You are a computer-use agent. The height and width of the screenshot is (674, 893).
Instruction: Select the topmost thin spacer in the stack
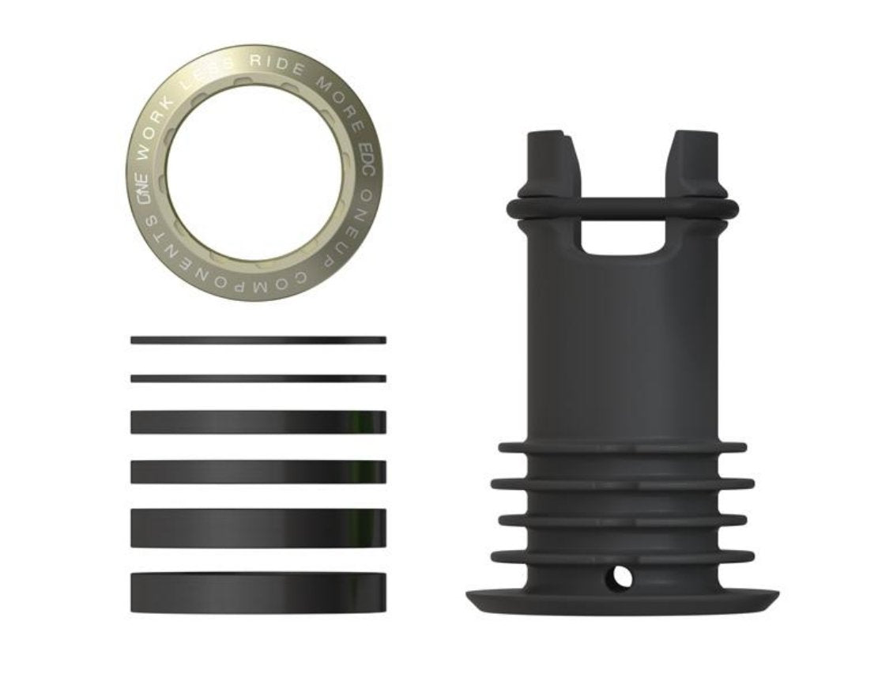coord(258,340)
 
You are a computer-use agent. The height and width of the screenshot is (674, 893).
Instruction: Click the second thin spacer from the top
coord(258,378)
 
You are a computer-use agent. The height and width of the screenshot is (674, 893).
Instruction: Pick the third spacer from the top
coord(258,422)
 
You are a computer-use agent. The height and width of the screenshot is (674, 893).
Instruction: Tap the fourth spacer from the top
coord(258,472)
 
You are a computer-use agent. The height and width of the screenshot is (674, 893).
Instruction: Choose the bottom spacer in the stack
coord(258,592)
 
